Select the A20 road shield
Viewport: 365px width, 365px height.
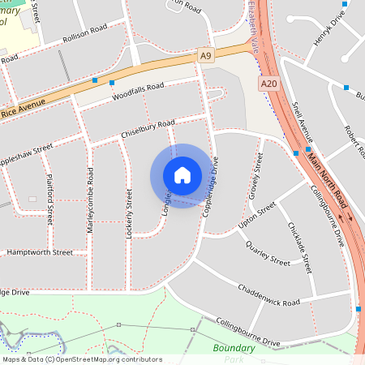269,84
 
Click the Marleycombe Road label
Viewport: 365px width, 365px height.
90,201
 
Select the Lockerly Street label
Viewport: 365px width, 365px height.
129,213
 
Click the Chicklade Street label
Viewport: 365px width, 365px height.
299,247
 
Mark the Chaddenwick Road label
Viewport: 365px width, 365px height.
268,295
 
